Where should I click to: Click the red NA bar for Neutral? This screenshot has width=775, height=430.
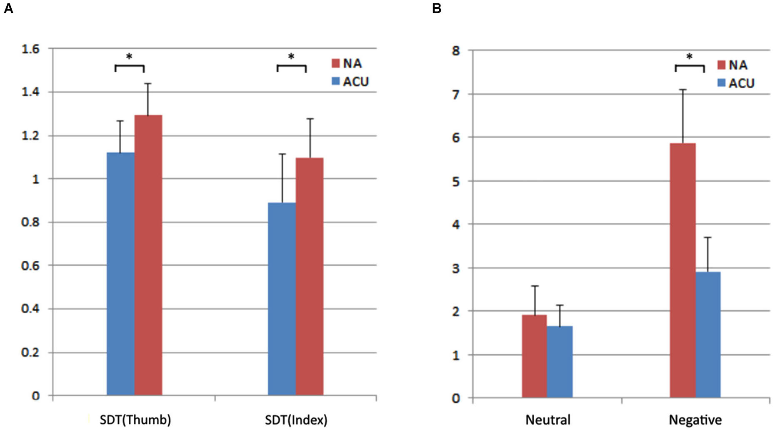(534, 356)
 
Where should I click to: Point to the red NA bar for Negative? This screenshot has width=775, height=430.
(682, 270)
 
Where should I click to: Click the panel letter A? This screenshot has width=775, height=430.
(8, 8)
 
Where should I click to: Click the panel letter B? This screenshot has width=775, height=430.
(437, 8)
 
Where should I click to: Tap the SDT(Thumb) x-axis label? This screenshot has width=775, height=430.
(135, 420)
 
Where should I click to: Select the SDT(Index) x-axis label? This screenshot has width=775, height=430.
(296, 420)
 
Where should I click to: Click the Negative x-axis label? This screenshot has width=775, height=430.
(695, 420)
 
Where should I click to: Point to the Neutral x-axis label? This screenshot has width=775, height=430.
(547, 420)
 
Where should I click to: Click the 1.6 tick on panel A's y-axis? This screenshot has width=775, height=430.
(30, 49)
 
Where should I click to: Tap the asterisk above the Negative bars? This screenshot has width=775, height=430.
(690, 57)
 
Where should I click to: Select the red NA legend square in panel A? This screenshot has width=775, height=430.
(336, 63)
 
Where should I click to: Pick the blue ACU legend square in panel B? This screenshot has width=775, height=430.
(721, 83)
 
